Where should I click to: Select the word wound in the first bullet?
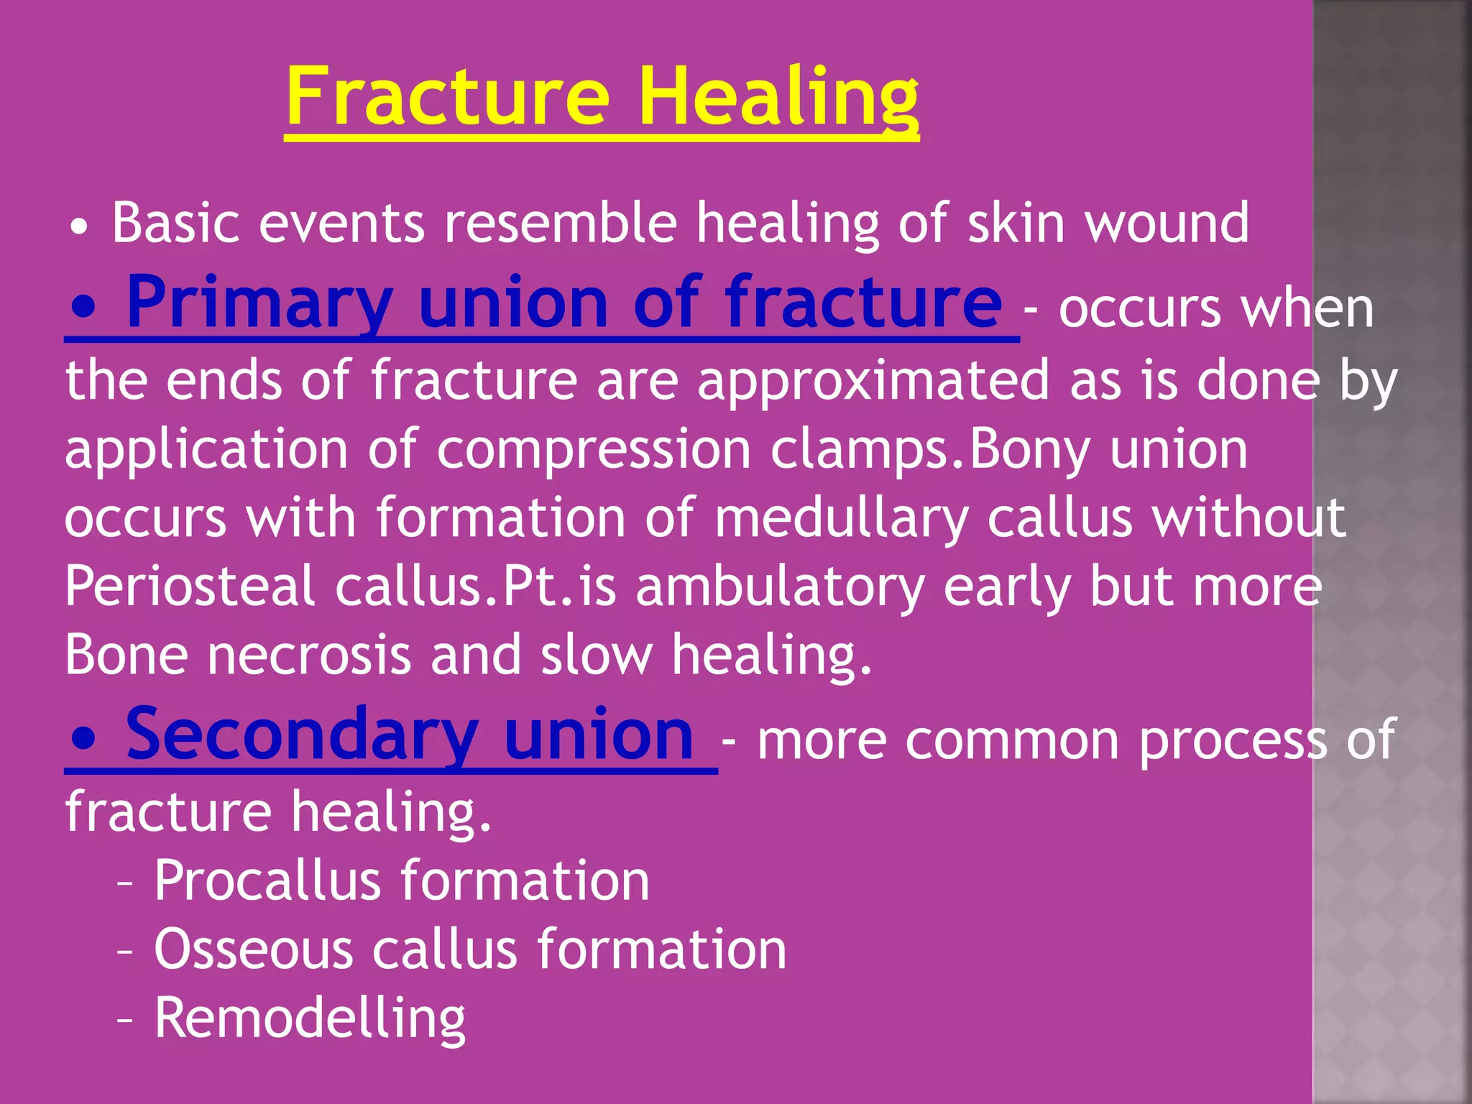[x=1167, y=224]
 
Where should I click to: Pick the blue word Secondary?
[x=301, y=735]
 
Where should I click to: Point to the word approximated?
[x=873, y=380]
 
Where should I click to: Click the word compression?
[x=594, y=450]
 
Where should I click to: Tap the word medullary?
[x=842, y=518]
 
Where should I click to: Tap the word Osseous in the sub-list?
[x=254, y=949]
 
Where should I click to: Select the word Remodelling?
[x=310, y=1018]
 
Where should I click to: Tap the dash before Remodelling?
[x=125, y=1020]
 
